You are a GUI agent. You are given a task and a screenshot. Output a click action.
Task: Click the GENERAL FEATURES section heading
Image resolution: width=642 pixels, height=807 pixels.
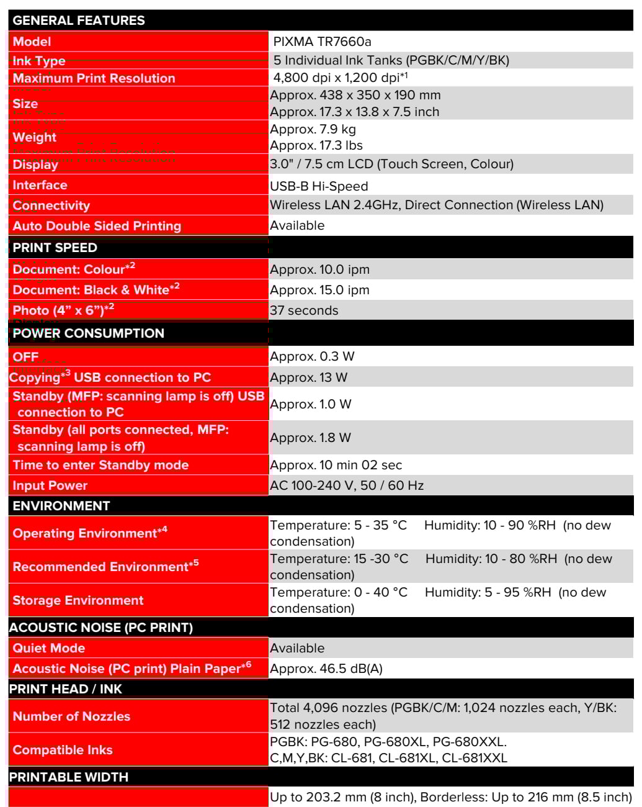(79, 20)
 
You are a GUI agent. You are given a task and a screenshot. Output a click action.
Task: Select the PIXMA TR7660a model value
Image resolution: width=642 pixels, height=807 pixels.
(322, 42)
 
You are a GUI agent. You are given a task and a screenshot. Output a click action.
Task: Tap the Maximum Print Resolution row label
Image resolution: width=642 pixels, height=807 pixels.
(94, 78)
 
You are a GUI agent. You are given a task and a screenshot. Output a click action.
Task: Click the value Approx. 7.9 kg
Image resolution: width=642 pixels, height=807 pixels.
(313, 129)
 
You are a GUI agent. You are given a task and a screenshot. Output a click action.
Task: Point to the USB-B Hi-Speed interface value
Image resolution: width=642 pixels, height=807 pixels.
(319, 186)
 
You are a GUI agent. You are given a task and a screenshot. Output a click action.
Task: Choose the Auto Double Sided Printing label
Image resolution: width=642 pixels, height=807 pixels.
(97, 226)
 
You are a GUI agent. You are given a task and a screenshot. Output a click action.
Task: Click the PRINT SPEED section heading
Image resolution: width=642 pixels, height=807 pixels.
(55, 248)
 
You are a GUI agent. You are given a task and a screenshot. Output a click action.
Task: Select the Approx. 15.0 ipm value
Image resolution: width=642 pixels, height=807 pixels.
(319, 290)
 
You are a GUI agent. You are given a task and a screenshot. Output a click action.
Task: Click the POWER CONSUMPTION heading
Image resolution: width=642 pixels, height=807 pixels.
(88, 333)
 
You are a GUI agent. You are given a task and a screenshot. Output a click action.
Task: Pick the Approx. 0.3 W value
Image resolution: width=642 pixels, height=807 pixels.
(312, 356)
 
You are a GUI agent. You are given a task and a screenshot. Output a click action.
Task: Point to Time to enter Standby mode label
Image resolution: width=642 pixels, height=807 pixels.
(100, 465)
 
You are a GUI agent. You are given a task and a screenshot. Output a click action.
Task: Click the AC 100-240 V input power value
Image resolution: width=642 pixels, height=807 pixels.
(347, 485)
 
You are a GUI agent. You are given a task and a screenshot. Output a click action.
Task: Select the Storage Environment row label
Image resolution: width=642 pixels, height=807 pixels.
(78, 600)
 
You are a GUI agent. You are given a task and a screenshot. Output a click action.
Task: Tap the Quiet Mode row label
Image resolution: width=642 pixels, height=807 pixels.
(49, 648)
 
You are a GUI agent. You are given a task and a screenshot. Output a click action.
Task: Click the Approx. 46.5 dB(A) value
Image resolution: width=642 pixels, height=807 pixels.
(326, 669)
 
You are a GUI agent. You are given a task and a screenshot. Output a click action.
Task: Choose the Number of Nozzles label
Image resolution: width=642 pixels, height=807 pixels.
(71, 716)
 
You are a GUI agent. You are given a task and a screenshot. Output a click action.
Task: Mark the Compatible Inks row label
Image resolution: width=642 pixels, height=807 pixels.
(63, 750)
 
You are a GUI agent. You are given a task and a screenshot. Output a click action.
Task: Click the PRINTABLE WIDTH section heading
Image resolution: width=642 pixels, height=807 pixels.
(68, 777)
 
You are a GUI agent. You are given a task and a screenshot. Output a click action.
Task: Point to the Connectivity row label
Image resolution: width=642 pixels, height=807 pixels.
(51, 205)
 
